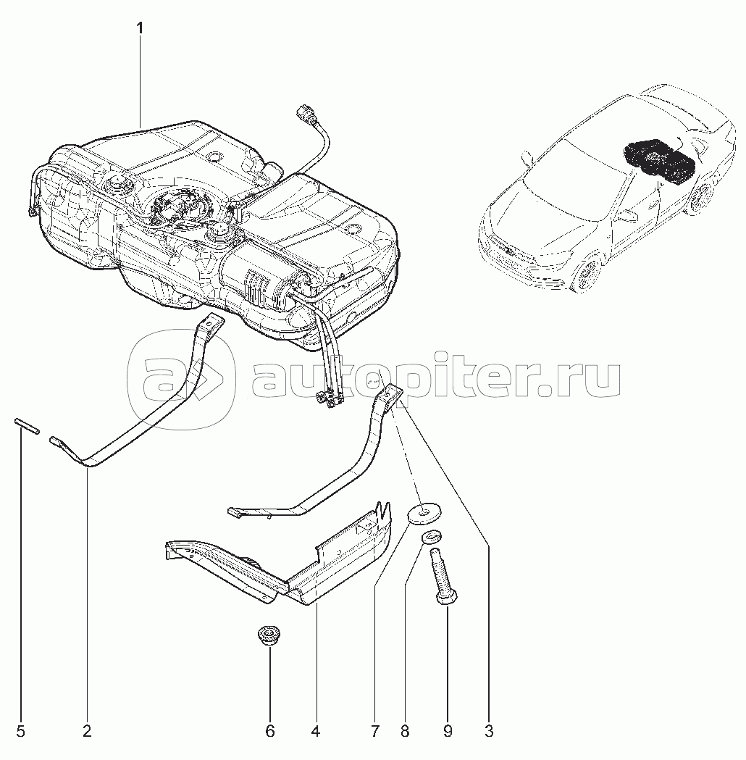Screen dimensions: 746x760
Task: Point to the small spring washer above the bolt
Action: [x=431, y=537]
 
